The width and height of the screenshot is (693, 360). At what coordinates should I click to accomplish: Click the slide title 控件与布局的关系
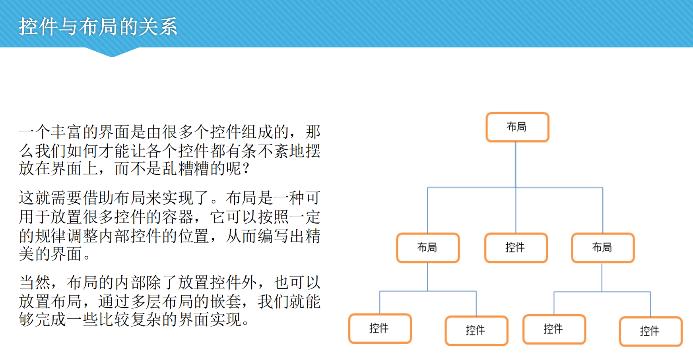click(x=98, y=27)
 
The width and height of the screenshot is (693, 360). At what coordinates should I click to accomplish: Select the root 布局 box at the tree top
click(x=517, y=127)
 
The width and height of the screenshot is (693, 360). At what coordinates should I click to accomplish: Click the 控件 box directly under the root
click(x=516, y=248)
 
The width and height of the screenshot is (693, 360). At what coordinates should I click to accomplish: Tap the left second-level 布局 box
click(x=427, y=248)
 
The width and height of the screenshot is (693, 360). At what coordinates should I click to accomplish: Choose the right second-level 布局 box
click(x=602, y=248)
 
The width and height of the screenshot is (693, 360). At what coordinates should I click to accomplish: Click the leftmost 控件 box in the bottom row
click(x=379, y=329)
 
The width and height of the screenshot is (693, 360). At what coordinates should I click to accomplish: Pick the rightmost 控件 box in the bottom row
click(x=650, y=331)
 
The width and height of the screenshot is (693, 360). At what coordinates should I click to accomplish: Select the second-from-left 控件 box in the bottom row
click(x=476, y=331)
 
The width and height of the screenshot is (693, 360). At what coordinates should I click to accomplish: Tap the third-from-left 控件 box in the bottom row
click(x=553, y=329)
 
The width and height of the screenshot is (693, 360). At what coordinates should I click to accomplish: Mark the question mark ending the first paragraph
click(x=246, y=168)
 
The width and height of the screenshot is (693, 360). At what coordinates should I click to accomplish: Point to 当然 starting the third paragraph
click(x=35, y=283)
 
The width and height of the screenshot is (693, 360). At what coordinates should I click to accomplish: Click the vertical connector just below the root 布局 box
click(x=516, y=163)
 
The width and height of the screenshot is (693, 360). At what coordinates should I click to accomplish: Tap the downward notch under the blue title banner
click(x=112, y=53)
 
